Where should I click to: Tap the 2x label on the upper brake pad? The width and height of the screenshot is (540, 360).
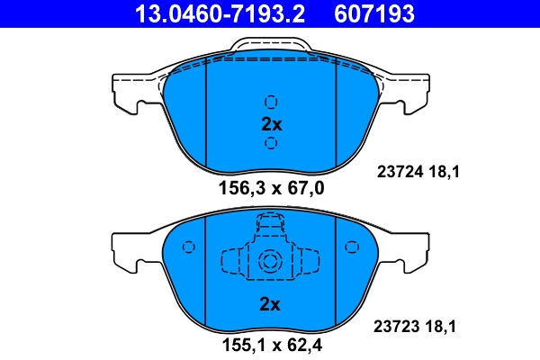tap(271, 124)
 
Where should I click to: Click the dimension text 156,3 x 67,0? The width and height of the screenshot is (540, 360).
tap(271, 187)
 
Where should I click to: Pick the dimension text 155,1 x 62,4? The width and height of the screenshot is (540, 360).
tap(271, 343)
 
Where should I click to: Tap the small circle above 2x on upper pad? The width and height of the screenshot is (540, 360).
tap(271, 102)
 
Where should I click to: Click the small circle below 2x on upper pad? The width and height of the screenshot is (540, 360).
tap(271, 144)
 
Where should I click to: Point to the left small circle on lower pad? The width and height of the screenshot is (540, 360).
tap(188, 246)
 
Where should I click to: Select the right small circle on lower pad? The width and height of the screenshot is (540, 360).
tap(352, 246)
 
